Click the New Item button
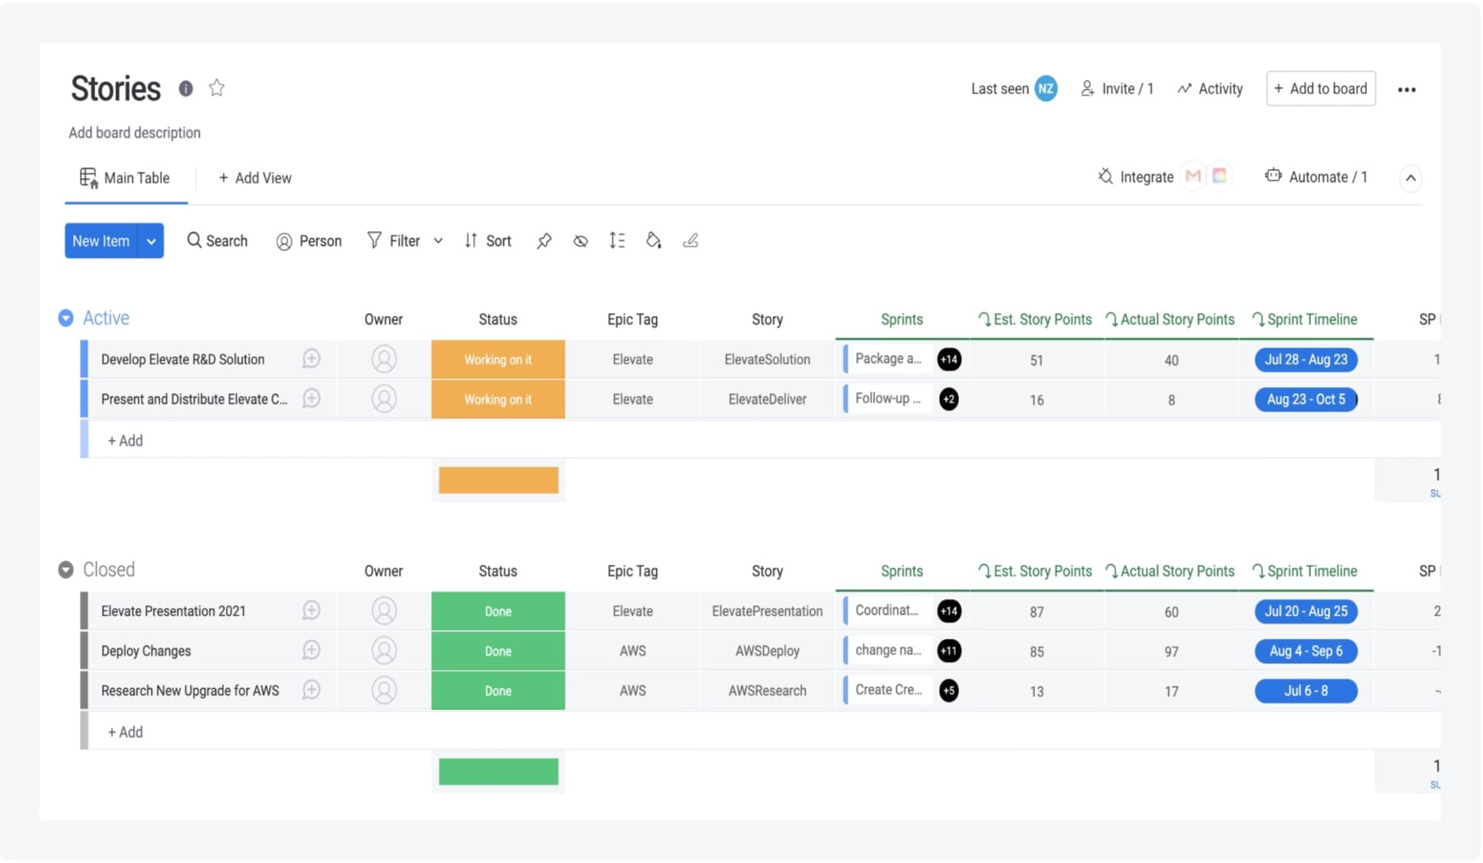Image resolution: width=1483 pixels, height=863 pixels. (x=101, y=241)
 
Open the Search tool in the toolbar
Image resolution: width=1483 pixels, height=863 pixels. (x=217, y=241)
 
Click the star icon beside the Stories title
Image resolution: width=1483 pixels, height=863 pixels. (x=217, y=88)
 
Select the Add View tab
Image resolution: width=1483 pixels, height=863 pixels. (x=255, y=178)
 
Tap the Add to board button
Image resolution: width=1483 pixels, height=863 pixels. (x=1320, y=89)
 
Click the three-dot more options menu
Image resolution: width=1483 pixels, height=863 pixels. (x=1406, y=90)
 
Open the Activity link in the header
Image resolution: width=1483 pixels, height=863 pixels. (x=1210, y=89)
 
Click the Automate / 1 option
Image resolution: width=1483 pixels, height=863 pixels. (x=1316, y=177)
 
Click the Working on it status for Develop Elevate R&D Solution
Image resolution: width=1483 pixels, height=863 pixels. (x=498, y=360)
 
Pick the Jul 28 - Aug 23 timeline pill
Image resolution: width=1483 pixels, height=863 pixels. (x=1306, y=360)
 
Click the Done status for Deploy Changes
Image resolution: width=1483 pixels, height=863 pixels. (x=498, y=651)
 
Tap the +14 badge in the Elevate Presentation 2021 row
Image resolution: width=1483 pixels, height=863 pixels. (x=949, y=612)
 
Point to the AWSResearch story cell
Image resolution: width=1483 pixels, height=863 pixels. (x=767, y=691)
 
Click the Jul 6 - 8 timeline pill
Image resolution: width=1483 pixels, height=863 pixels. (x=1306, y=691)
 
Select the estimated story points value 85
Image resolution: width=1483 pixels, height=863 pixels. (x=1037, y=652)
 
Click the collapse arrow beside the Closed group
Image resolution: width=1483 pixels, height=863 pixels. (x=66, y=570)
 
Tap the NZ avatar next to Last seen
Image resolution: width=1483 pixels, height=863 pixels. (x=1045, y=89)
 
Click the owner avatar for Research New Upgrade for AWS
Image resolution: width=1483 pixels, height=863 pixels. (x=384, y=691)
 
